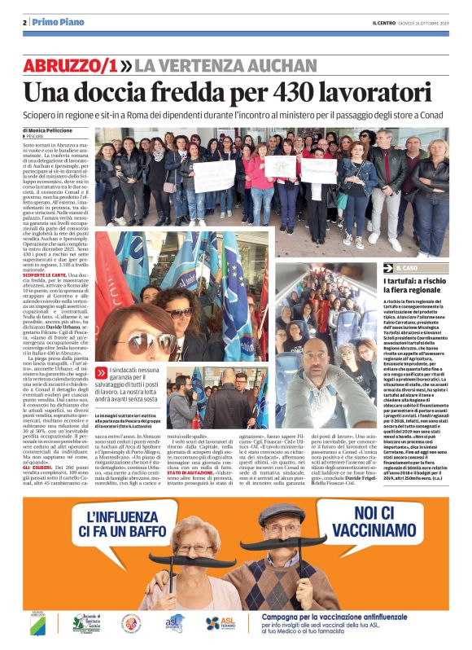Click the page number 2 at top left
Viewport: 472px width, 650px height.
pyautogui.click(x=25, y=22)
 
